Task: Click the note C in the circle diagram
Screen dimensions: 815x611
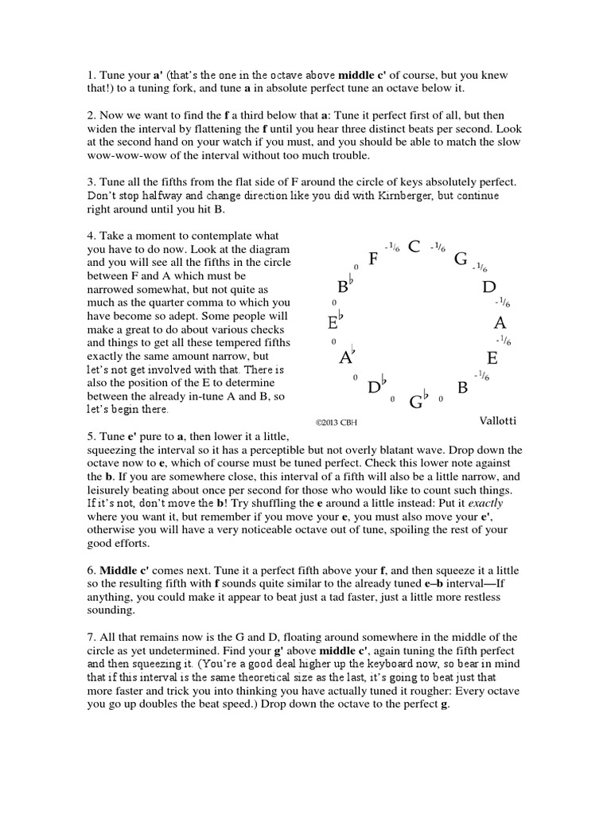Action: coord(414,247)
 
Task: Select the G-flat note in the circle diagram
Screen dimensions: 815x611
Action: coord(418,400)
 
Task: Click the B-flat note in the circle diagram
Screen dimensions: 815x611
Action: coord(345,287)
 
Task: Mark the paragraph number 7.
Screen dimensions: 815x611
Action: coord(91,637)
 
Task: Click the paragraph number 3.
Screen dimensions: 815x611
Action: coord(91,181)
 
